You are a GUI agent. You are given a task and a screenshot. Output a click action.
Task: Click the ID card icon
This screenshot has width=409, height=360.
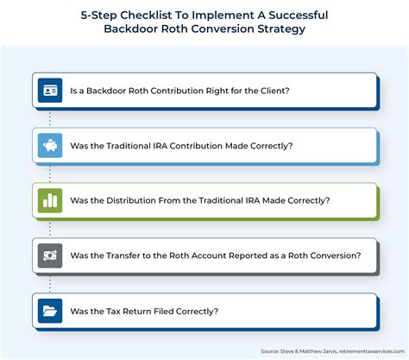click(50, 91)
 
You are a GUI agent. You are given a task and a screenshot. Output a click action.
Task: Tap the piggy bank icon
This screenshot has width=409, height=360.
click(50, 145)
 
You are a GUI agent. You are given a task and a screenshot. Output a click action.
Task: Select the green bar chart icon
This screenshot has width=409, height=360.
click(50, 200)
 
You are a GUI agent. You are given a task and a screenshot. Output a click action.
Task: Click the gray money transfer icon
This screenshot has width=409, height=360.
click(50, 256)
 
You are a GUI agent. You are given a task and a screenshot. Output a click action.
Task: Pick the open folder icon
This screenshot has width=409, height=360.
click(50, 311)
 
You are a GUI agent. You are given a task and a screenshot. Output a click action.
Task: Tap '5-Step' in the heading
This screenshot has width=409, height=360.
click(98, 16)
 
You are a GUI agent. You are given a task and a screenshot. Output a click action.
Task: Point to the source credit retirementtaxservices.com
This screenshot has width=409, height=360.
click(372, 351)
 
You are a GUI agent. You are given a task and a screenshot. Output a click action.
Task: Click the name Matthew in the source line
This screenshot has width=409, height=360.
click(311, 351)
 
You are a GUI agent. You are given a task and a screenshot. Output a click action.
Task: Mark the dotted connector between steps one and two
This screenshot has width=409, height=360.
click(50, 118)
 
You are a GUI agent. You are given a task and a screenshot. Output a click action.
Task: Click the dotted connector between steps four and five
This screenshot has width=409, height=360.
click(50, 284)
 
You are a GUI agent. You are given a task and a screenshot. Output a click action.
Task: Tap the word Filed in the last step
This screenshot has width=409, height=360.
click(164, 311)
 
